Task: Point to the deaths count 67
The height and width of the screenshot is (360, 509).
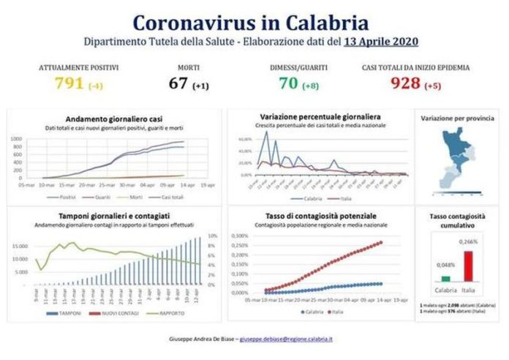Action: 178,83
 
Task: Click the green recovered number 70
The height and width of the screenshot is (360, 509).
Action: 288,83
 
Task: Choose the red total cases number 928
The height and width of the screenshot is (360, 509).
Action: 405,83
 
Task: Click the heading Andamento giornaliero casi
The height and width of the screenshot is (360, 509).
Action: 113,119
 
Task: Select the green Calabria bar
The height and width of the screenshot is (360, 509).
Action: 445,278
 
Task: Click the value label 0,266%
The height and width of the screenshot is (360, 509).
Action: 468,241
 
